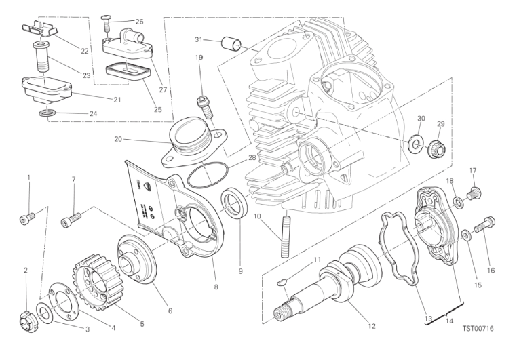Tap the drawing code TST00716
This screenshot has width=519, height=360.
coord(478,329)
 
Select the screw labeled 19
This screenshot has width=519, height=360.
coord(202,102)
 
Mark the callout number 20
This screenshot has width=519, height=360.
coord(118,141)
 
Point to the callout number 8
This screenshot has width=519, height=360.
coord(216,287)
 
